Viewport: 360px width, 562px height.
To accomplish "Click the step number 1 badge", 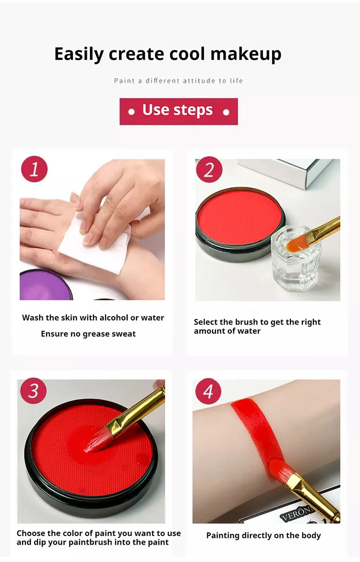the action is [34, 169].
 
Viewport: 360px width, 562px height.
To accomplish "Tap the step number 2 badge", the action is [209, 170].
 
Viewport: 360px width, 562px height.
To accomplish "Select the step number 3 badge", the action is [33, 391].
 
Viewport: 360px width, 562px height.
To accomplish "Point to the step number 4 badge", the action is [208, 391].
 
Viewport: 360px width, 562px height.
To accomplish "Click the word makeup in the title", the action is [246, 54].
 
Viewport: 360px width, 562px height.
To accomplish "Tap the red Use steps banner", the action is [179, 111].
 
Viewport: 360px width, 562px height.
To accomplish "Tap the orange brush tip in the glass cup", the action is [296, 244].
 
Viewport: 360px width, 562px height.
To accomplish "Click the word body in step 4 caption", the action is [312, 536].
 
